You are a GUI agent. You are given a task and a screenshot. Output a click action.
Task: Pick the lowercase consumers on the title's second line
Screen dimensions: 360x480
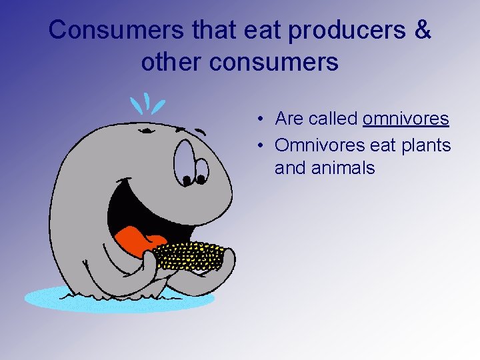[273, 62]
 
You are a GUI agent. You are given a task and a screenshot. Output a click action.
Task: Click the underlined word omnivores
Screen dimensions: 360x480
[405, 119]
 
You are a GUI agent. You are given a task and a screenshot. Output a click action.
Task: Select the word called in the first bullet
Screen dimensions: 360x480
[333, 119]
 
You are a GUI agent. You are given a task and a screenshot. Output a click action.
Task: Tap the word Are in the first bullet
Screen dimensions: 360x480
[289, 119]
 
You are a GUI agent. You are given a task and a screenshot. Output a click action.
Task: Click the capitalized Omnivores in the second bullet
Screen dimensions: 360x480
[317, 145]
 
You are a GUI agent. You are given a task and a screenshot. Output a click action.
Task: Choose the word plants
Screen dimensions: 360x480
[425, 145]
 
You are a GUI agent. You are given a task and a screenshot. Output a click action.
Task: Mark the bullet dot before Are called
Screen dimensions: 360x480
[264, 119]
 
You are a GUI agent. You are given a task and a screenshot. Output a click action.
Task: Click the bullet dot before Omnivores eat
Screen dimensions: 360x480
[264, 145]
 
